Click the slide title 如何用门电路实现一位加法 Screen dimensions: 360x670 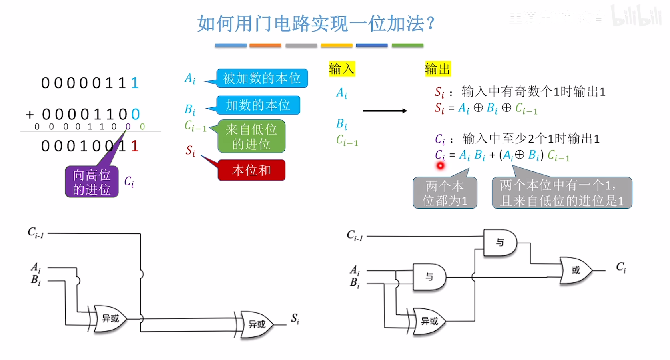click(316, 24)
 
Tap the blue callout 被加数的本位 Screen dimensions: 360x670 click(262, 78)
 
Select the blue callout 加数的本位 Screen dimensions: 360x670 click(258, 105)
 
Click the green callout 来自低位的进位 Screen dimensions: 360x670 click(251, 137)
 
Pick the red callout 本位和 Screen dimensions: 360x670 click(251, 170)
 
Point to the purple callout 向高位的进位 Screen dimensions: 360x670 click(92, 182)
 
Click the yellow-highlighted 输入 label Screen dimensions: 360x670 click(341, 69)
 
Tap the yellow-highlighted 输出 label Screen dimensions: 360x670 click(437, 69)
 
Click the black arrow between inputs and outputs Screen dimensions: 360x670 click(385, 111)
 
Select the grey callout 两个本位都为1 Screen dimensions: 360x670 click(445, 193)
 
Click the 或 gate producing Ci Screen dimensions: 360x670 click(576, 270)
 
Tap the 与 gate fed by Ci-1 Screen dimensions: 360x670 click(499, 243)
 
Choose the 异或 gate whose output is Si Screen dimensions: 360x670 click(257, 324)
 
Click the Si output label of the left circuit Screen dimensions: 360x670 click(295, 318)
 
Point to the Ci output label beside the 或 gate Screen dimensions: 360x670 click(621, 267)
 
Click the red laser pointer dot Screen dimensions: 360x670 click(440, 165)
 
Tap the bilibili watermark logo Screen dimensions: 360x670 click(636, 16)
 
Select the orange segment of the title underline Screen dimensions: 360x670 click(265, 46)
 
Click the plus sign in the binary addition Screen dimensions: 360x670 click(30, 115)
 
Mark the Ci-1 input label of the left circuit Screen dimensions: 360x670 click(36, 233)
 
